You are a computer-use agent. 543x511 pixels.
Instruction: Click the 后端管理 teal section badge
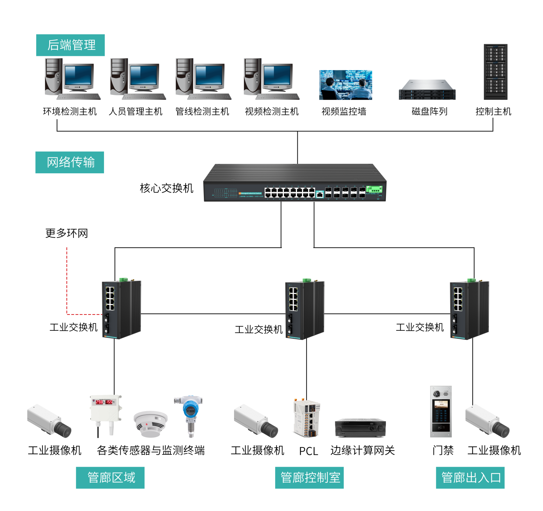click(x=70, y=45)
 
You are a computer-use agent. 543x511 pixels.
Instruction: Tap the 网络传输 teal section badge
click(x=70, y=162)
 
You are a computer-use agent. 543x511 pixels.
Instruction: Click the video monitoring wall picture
click(x=345, y=85)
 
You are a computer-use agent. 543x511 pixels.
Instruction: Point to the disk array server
click(x=427, y=90)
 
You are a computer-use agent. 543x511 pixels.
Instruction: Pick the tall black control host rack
click(x=495, y=72)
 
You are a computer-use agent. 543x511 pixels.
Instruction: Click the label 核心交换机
click(x=167, y=188)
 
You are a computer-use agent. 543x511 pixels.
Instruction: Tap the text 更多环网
click(x=66, y=233)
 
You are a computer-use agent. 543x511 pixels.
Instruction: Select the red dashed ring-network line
click(x=67, y=281)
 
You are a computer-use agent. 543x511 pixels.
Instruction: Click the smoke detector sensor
click(x=151, y=424)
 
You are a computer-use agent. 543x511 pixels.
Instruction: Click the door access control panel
click(x=441, y=412)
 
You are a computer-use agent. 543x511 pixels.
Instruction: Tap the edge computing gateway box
click(x=360, y=427)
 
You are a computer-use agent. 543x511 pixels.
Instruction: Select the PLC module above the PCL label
click(x=307, y=418)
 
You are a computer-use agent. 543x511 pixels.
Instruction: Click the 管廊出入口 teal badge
click(x=470, y=478)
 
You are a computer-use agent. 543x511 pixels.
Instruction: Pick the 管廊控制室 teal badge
click(x=309, y=478)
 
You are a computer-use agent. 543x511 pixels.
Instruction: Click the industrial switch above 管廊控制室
click(x=304, y=310)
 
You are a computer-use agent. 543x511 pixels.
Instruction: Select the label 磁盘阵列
click(x=429, y=112)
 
